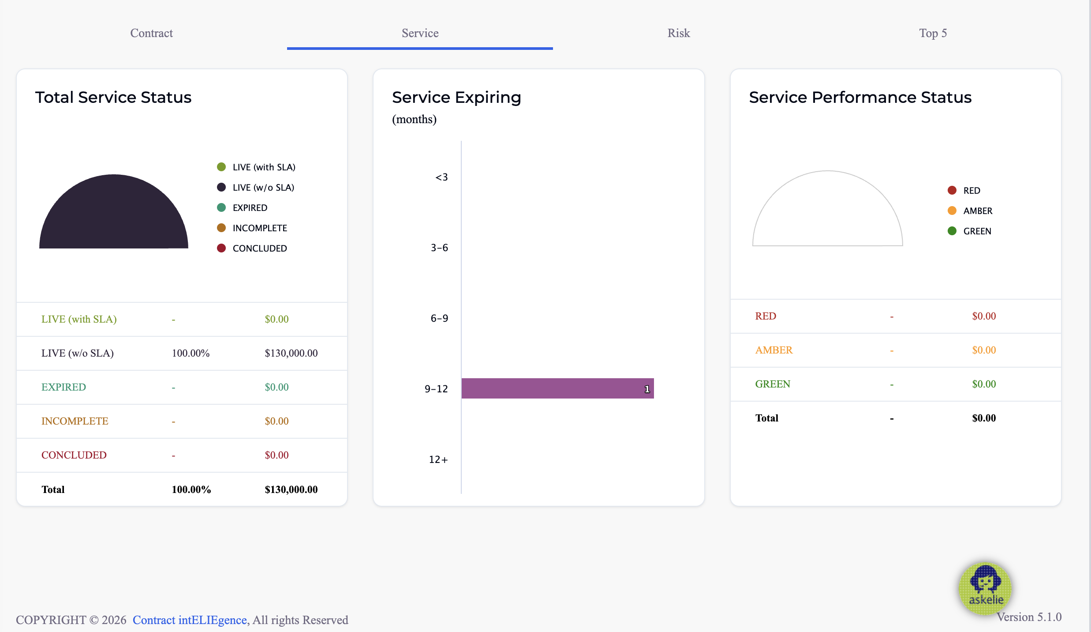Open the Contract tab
(151, 33)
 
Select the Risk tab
(679, 33)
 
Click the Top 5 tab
(933, 33)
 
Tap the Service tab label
(420, 33)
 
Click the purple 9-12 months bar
(557, 388)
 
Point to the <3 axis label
(441, 177)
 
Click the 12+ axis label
(438, 459)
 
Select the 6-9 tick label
(439, 318)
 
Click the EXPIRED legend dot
(221, 207)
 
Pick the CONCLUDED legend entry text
(260, 248)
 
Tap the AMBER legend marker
(952, 211)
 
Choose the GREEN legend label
(977, 231)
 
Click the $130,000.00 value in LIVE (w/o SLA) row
(291, 353)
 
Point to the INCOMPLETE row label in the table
(75, 421)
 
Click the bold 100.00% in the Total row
(191, 489)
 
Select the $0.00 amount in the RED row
(984, 316)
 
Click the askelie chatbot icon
(985, 588)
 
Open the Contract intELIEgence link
(190, 620)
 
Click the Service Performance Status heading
(860, 97)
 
